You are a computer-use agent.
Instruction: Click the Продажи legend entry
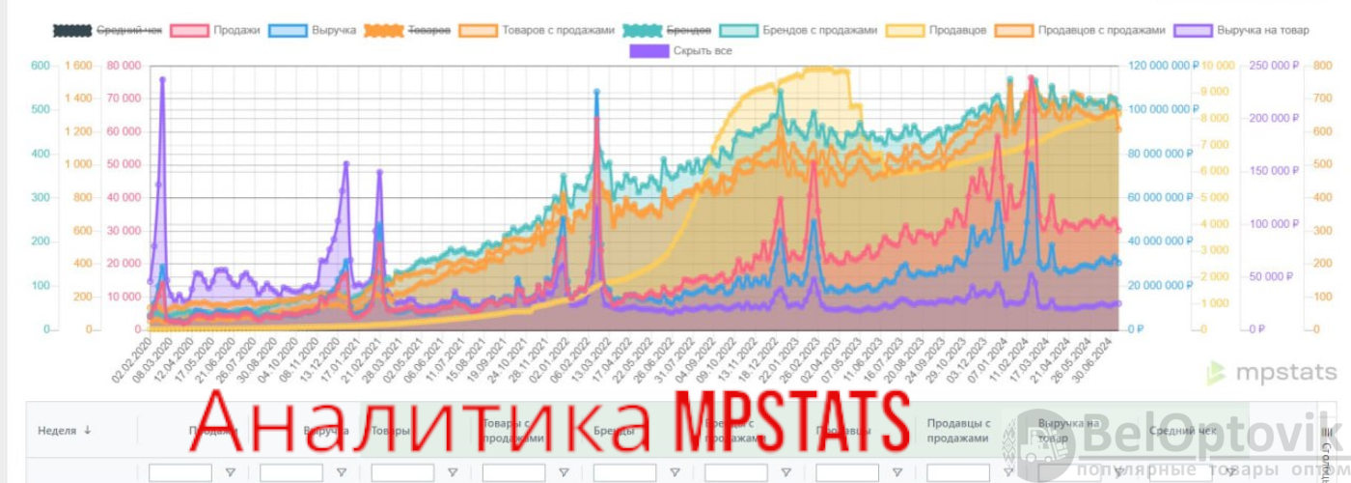coord(215,30)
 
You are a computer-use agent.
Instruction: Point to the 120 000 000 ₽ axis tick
coord(1162,66)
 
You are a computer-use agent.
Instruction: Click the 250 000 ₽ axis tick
coord(1271,66)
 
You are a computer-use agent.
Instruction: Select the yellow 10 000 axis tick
coord(1219,66)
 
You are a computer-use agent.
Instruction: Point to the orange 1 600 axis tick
coord(79,66)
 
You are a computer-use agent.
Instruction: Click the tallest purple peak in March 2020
coord(162,80)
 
